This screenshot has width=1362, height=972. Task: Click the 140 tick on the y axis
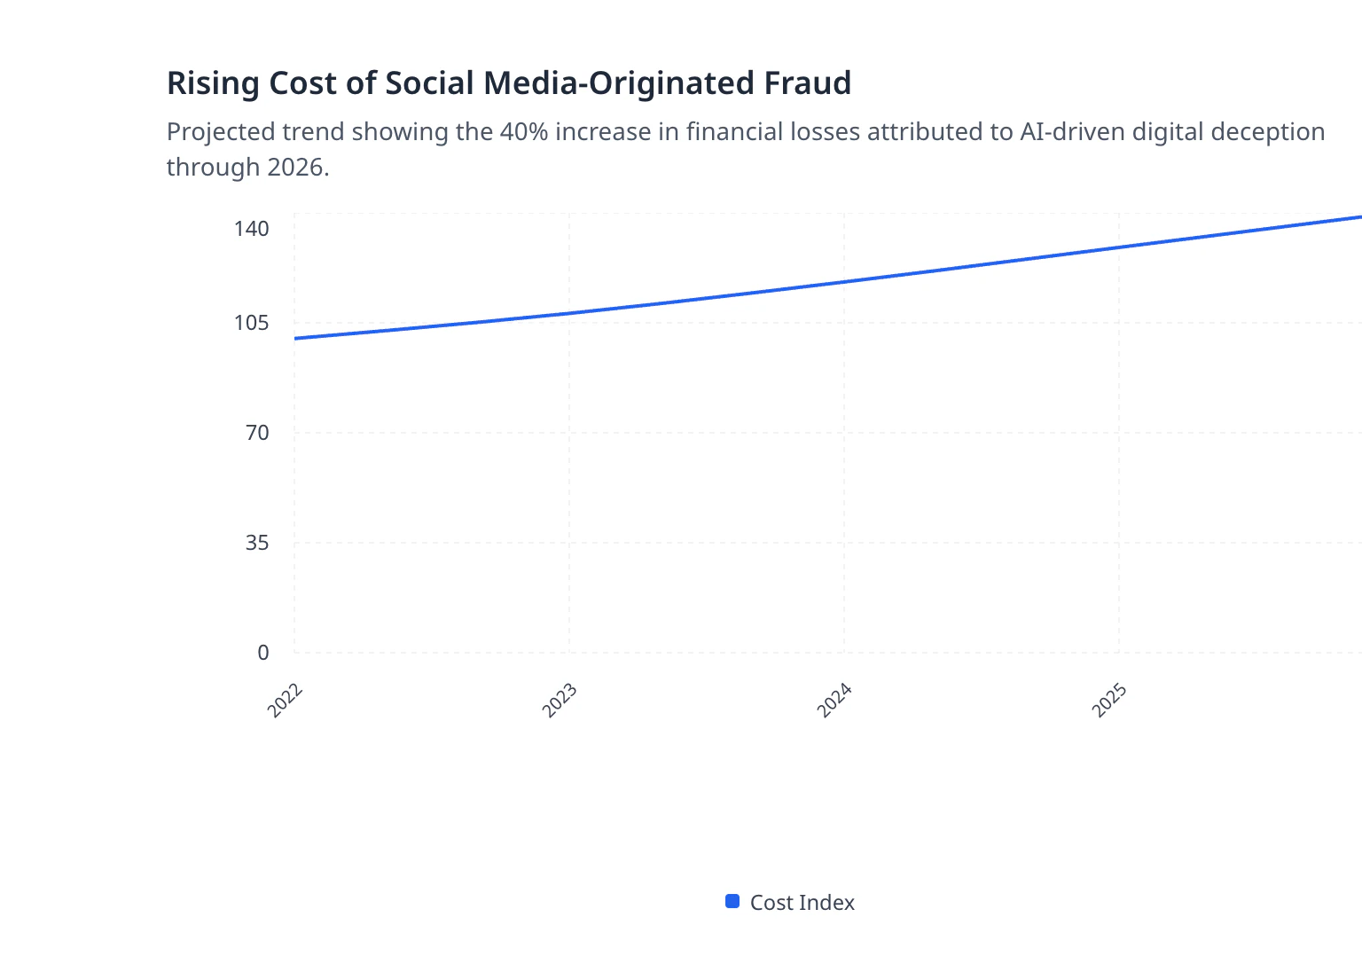pyautogui.click(x=251, y=229)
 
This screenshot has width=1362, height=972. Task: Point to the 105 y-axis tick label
pyautogui.click(x=251, y=323)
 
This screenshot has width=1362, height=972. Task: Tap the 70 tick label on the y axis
pyautogui.click(x=257, y=433)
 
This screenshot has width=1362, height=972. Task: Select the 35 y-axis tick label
pyautogui.click(x=257, y=543)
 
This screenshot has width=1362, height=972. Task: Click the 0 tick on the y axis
pyautogui.click(x=263, y=653)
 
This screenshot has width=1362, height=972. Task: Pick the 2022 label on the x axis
pyautogui.click(x=286, y=701)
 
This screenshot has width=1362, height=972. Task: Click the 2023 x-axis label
pyautogui.click(x=560, y=701)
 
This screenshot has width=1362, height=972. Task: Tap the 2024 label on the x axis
pyautogui.click(x=835, y=701)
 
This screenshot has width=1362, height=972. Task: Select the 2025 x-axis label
pyautogui.click(x=1110, y=701)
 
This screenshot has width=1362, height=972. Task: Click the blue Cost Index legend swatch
pyautogui.click(x=732, y=902)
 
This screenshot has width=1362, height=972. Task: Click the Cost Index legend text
pyautogui.click(x=802, y=903)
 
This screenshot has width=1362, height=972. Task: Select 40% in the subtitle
pyautogui.click(x=524, y=132)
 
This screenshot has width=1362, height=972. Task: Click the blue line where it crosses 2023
pyautogui.click(x=569, y=313)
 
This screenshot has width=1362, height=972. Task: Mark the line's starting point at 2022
pyautogui.click(x=295, y=338)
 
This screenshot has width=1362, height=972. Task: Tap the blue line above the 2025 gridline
pyautogui.click(x=1119, y=247)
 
